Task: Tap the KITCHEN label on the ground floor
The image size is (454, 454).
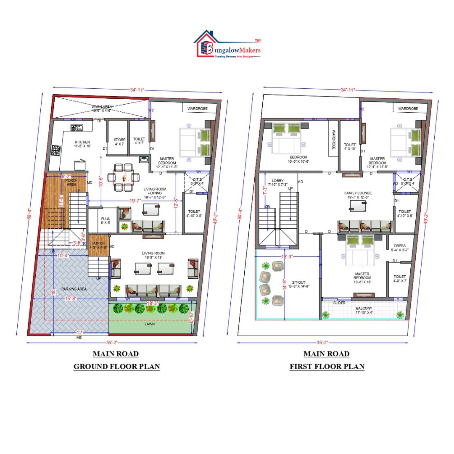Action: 82,142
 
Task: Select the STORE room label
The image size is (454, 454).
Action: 119,140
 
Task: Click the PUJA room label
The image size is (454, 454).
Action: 105,219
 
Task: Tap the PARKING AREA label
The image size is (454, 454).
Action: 74,289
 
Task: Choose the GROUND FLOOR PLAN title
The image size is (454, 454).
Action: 116,366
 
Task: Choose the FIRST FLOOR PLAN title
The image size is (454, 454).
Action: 327,366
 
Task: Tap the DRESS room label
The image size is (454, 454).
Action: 399,246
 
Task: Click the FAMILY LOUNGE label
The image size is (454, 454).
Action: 358,193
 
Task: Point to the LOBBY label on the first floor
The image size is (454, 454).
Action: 278,180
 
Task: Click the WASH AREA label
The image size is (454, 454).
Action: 101,107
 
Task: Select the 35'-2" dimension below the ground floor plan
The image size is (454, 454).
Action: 112,343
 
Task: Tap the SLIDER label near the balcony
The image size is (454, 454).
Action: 339,303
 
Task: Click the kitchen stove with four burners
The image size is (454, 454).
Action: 56,150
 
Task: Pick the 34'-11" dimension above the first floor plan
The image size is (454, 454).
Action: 348,90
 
